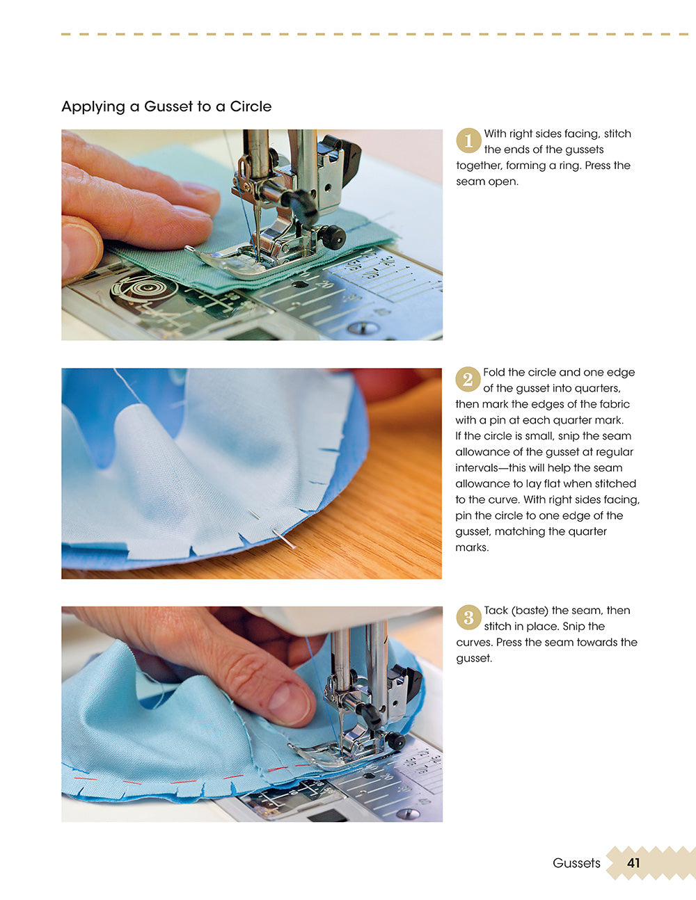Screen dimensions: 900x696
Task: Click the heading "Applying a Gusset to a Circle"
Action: pos(166,106)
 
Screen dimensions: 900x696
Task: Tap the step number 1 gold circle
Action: pos(468,140)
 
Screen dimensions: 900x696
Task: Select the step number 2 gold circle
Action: pos(468,379)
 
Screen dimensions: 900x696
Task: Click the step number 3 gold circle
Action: pos(468,618)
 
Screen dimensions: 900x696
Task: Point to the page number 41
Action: pos(633,863)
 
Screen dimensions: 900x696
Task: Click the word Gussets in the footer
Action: pos(576,863)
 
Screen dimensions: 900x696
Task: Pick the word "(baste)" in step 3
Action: pos(530,611)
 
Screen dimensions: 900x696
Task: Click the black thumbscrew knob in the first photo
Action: pos(334,238)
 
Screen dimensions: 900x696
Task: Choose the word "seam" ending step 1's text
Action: pos(470,182)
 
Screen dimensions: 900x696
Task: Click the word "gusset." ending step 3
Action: pos(474,659)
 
